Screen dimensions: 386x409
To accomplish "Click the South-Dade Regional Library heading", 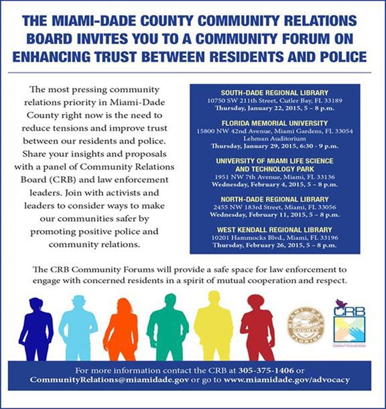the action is (x=274, y=92).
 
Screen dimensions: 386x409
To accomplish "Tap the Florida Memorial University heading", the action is (x=274, y=123).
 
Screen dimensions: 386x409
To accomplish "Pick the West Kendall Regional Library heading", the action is (x=274, y=230).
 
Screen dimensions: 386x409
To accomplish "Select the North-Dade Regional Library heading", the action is (x=274, y=199).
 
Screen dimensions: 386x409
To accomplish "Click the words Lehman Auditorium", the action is (x=274, y=138).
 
